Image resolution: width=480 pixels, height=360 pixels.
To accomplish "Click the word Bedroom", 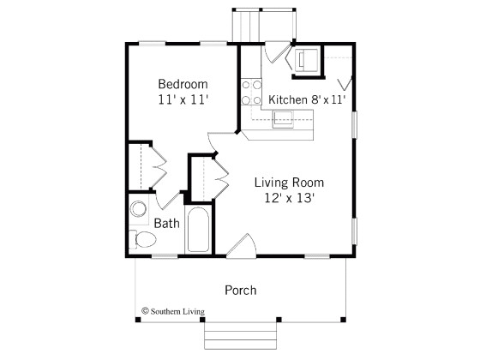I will [183, 84].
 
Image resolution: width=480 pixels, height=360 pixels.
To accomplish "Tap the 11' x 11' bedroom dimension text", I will [183, 99].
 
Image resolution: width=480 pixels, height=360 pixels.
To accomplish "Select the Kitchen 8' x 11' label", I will [306, 100].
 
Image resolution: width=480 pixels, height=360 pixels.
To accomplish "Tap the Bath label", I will [167, 224].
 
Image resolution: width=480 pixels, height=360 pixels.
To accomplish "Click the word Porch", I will [240, 290].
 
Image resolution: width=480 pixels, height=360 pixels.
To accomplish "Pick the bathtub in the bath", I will [198, 230].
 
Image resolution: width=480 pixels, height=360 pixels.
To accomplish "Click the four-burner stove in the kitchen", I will [251, 92].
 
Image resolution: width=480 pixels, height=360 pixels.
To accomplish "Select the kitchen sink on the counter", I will [284, 118].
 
